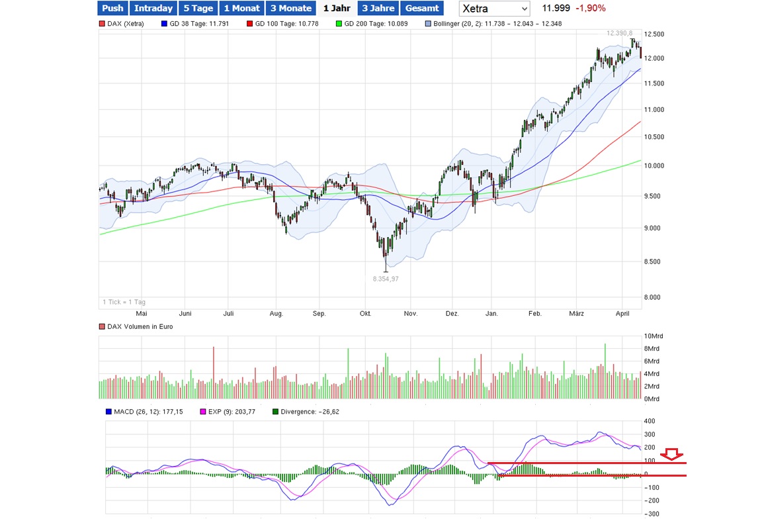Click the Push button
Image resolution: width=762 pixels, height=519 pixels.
112,8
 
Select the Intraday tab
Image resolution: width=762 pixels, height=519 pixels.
153,8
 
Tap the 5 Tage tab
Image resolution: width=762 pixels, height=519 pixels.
198,8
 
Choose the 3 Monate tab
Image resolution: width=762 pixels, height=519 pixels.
290,8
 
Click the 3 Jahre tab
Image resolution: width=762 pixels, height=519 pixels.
378,8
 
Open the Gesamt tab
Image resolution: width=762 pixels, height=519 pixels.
422,8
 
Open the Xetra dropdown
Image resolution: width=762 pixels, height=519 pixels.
494,9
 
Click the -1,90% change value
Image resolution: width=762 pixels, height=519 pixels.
591,8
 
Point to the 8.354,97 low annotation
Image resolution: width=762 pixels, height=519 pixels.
386,279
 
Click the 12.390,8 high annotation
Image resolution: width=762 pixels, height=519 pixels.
619,33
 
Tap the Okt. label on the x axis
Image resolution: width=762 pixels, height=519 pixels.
364,313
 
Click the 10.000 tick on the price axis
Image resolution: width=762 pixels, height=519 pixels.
655,165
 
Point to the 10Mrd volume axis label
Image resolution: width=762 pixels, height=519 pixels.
653,336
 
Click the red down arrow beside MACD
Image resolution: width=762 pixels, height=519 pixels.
673,454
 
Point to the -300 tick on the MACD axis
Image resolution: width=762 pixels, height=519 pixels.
653,514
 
